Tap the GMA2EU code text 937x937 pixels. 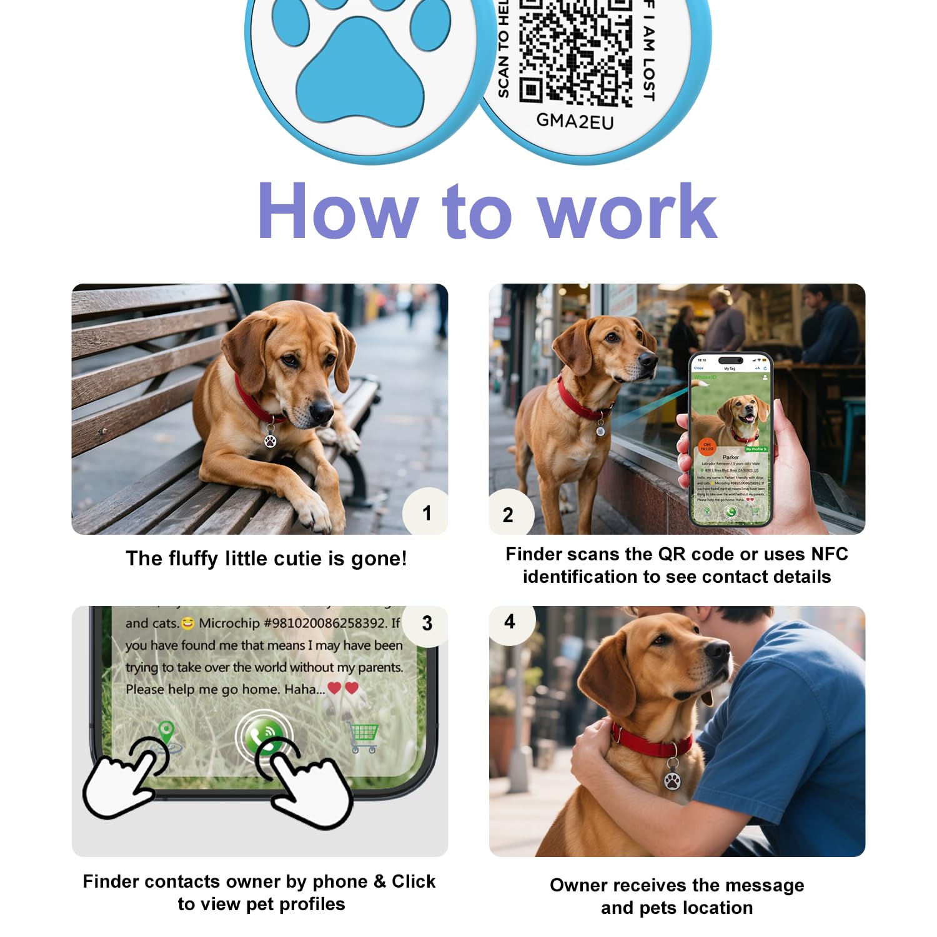575,121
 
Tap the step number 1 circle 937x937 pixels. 427,513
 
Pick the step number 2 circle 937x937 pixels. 508,515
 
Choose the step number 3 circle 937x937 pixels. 427,623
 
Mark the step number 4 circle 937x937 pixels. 510,622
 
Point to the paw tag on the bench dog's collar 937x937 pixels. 270,440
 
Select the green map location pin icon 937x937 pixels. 166,731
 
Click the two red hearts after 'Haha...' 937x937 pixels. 343,688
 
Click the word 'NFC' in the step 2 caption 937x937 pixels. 829,554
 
